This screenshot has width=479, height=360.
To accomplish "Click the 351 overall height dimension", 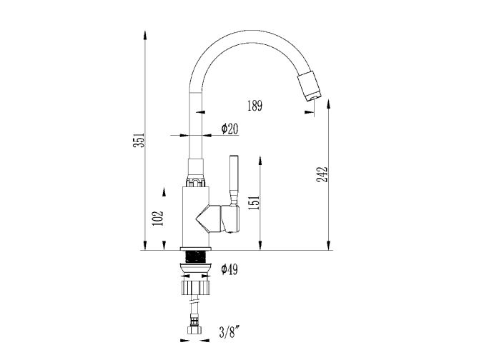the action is (139, 140).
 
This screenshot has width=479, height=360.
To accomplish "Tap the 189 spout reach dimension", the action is (255, 106).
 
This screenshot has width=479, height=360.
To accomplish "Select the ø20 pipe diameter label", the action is (229, 129).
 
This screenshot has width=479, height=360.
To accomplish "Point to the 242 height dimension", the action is (322, 174).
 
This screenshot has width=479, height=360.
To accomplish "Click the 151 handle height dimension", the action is (255, 203).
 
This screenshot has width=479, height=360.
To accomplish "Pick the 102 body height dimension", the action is (158, 218).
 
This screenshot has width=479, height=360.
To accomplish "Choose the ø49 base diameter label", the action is (229, 269).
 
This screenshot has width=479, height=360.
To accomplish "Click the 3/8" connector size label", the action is (229, 332).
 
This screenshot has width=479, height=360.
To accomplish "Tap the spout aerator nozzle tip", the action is (310, 85).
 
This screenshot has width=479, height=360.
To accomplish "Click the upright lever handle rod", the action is (234, 179).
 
